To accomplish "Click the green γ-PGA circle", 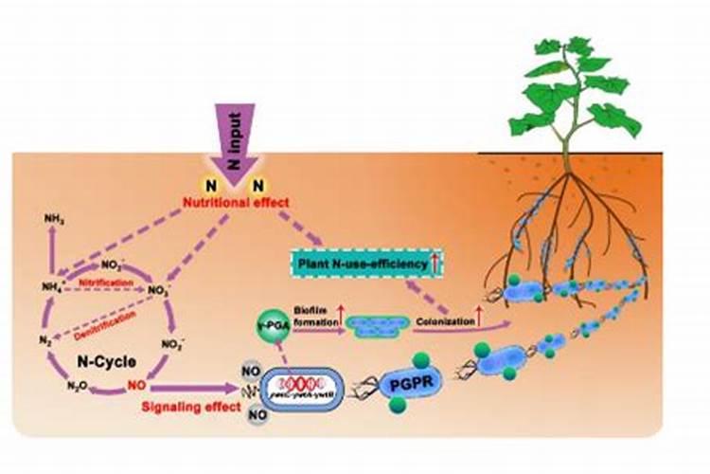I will tap(270, 327).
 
